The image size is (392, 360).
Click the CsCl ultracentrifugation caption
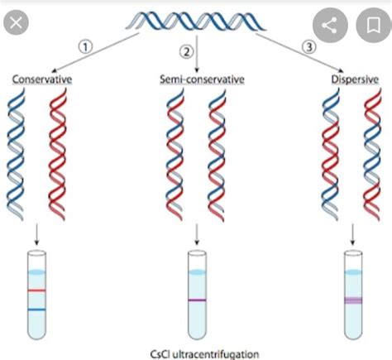click(x=200, y=353)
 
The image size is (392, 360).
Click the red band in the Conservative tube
click(x=36, y=291)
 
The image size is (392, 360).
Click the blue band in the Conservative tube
click(x=36, y=310)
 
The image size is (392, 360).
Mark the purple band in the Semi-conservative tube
click(x=197, y=300)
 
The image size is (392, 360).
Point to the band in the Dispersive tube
click(x=355, y=300)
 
